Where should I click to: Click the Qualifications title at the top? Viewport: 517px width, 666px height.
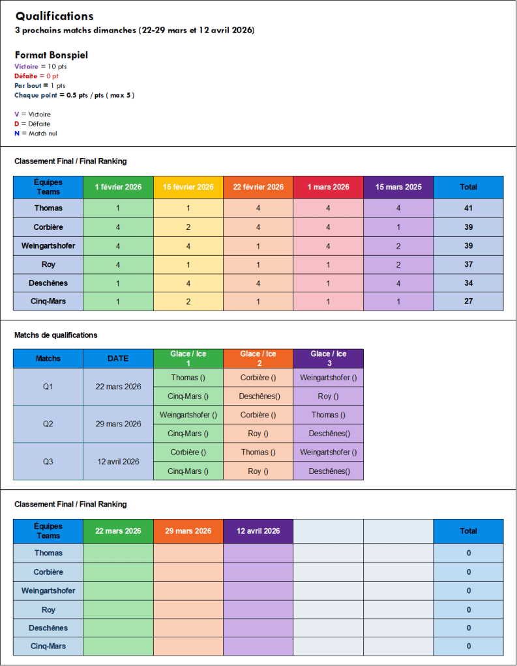(55, 16)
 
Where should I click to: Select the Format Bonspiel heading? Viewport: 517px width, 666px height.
(51, 55)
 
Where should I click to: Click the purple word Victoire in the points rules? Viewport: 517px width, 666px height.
(26, 66)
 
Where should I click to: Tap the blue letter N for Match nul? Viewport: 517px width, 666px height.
(17, 133)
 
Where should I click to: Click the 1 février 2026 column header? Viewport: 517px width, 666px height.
(118, 187)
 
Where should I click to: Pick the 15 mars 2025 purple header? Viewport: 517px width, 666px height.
(398, 187)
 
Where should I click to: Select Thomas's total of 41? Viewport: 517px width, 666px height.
(468, 208)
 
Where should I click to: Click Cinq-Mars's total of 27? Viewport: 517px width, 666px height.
(468, 301)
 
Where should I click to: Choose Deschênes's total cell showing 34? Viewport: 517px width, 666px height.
(468, 283)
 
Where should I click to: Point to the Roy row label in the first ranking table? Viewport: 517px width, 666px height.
(48, 264)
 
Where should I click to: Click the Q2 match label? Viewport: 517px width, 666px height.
(48, 424)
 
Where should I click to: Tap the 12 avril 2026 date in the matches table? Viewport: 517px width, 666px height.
(118, 462)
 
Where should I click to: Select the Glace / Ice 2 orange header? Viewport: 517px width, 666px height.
(258, 358)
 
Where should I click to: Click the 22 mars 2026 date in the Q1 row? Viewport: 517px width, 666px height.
(118, 387)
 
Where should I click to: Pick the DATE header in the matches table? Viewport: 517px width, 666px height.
(118, 358)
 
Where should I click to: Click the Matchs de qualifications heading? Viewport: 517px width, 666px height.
(55, 335)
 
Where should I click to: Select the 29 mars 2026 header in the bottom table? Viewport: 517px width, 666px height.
(188, 531)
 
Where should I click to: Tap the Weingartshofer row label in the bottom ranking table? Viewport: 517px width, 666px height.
(48, 590)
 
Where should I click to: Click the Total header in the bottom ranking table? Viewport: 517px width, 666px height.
(468, 531)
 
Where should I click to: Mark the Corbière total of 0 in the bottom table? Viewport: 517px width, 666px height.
(468, 572)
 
